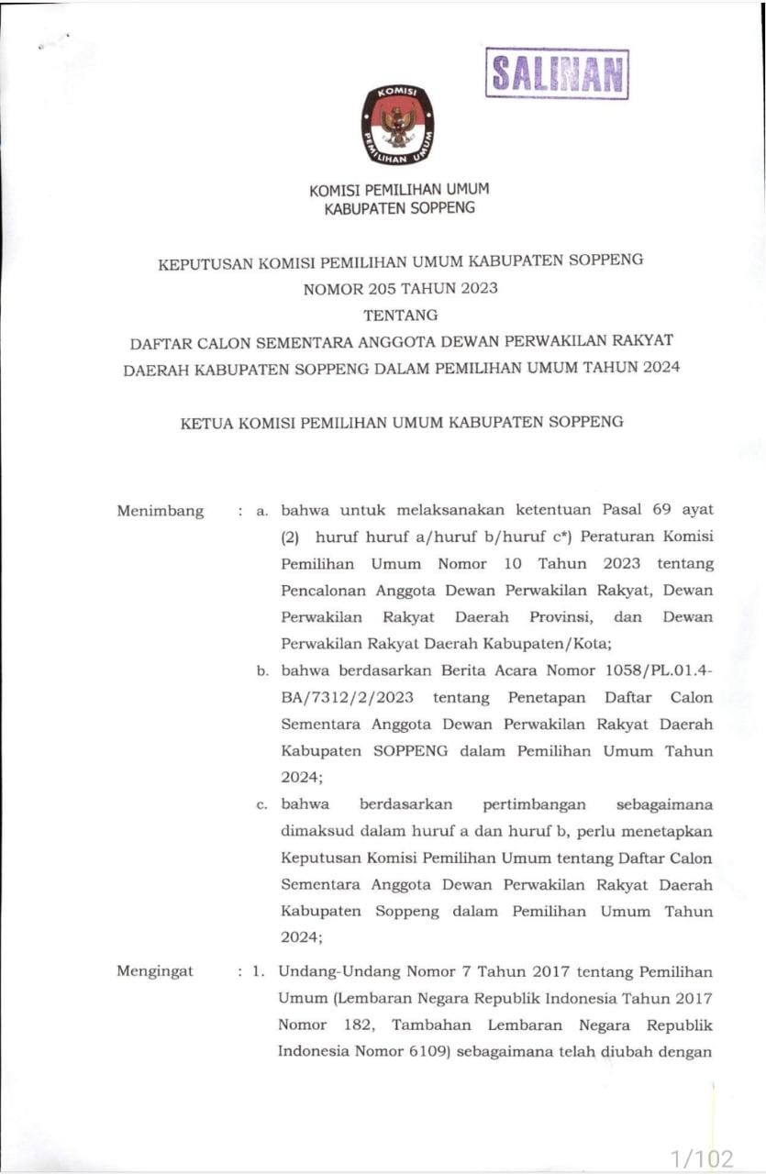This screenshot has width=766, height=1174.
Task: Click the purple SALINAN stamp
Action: point(557,73)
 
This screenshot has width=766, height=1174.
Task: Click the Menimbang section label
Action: point(161,511)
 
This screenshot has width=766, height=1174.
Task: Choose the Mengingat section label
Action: point(155,971)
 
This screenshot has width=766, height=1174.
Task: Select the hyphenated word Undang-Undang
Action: point(332,971)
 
